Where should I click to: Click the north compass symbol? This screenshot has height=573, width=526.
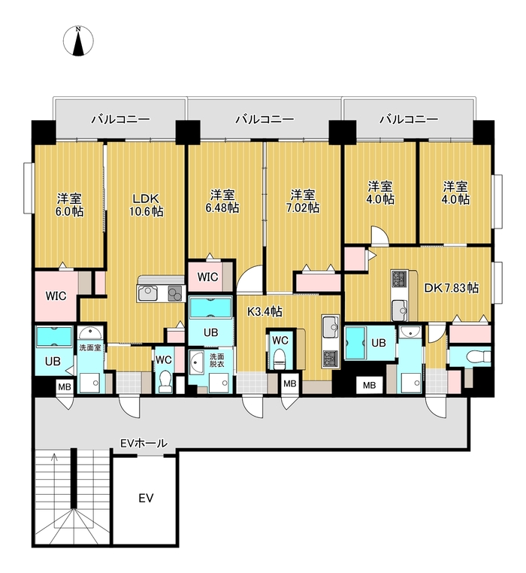78,41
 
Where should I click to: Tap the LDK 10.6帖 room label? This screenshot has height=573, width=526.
146,205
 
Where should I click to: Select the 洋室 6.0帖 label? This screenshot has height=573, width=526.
69,205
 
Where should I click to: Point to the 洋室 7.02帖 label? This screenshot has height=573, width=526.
303,201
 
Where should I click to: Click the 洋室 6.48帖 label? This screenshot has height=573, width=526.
222,201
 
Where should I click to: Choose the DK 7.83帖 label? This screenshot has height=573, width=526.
451,288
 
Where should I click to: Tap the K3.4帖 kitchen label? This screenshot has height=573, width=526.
265,312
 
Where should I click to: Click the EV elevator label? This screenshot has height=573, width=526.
146,498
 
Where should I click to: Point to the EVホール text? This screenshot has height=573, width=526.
144,443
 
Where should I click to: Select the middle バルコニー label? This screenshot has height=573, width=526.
265,119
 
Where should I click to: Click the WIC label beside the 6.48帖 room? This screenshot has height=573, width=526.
207,277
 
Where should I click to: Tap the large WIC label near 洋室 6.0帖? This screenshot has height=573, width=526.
56,296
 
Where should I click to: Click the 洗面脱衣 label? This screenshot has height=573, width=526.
216,360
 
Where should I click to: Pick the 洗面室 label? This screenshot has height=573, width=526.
90,347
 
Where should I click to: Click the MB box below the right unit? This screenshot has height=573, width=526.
369,385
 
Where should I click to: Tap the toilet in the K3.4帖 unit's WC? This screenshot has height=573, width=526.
280,359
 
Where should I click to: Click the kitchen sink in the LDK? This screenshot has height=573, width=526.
148,293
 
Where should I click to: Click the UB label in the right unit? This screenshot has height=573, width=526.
379,343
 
